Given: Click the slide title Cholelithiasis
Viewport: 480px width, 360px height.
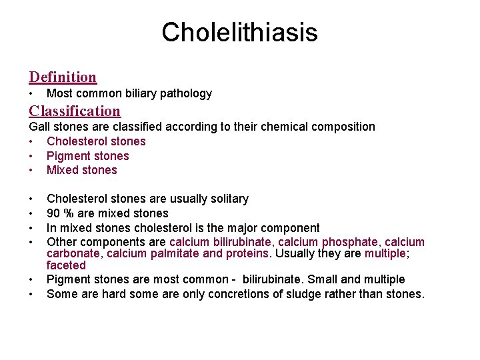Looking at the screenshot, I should point(239,32).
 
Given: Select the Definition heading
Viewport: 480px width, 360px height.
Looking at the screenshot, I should point(63,77).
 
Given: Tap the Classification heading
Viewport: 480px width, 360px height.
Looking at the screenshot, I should point(75,111).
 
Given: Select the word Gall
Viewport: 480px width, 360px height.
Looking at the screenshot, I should point(39,127).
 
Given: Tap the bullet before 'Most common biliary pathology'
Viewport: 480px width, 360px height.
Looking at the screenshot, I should point(31,93).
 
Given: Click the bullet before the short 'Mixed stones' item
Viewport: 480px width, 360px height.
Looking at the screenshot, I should point(31,170).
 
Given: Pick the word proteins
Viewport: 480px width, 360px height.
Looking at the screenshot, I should point(249,254).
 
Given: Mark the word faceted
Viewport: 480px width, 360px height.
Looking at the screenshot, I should point(66,265).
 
